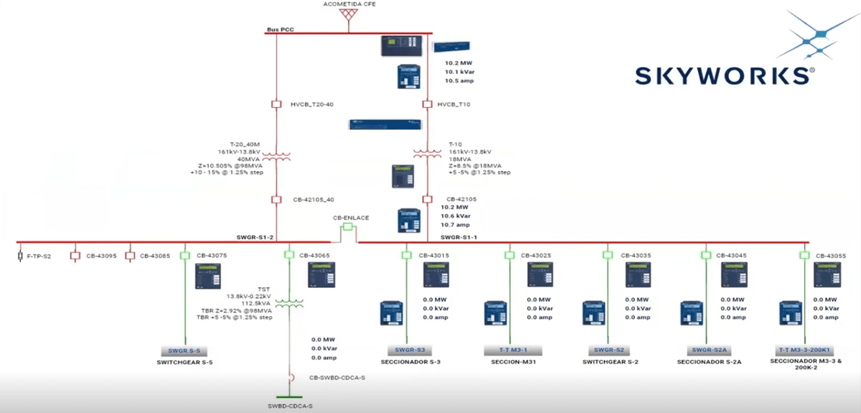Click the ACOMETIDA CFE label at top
pyautogui.click(x=349, y=4)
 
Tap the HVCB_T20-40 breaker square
pyautogui.click(x=276, y=105)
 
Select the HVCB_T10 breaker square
pyautogui.click(x=427, y=105)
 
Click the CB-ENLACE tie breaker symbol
pyautogui.click(x=348, y=228)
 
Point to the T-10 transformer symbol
pyautogui.click(x=427, y=154)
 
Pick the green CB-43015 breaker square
pyautogui.click(x=406, y=255)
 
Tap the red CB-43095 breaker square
pyautogui.click(x=74, y=255)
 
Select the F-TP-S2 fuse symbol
pyautogui.click(x=20, y=255)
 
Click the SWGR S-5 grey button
pyautogui.click(x=184, y=351)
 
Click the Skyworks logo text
pyautogui.click(x=725, y=75)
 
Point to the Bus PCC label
pyautogui.click(x=281, y=29)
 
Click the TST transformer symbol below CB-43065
pyautogui.click(x=290, y=304)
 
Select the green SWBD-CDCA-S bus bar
pyautogui.click(x=289, y=397)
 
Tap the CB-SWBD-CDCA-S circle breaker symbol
pyautogui.click(x=291, y=377)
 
